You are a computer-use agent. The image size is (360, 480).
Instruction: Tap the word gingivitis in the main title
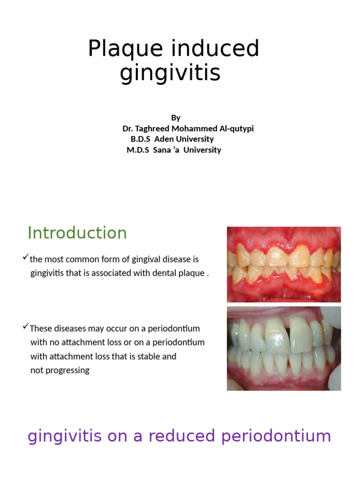170,73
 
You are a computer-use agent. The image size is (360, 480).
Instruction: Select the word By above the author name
176,118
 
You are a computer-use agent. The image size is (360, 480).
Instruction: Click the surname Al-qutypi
233,128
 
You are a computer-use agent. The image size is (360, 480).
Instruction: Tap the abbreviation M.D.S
136,150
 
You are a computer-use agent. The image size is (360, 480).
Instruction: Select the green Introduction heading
77,233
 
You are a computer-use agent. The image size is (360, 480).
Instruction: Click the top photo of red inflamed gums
284,264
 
